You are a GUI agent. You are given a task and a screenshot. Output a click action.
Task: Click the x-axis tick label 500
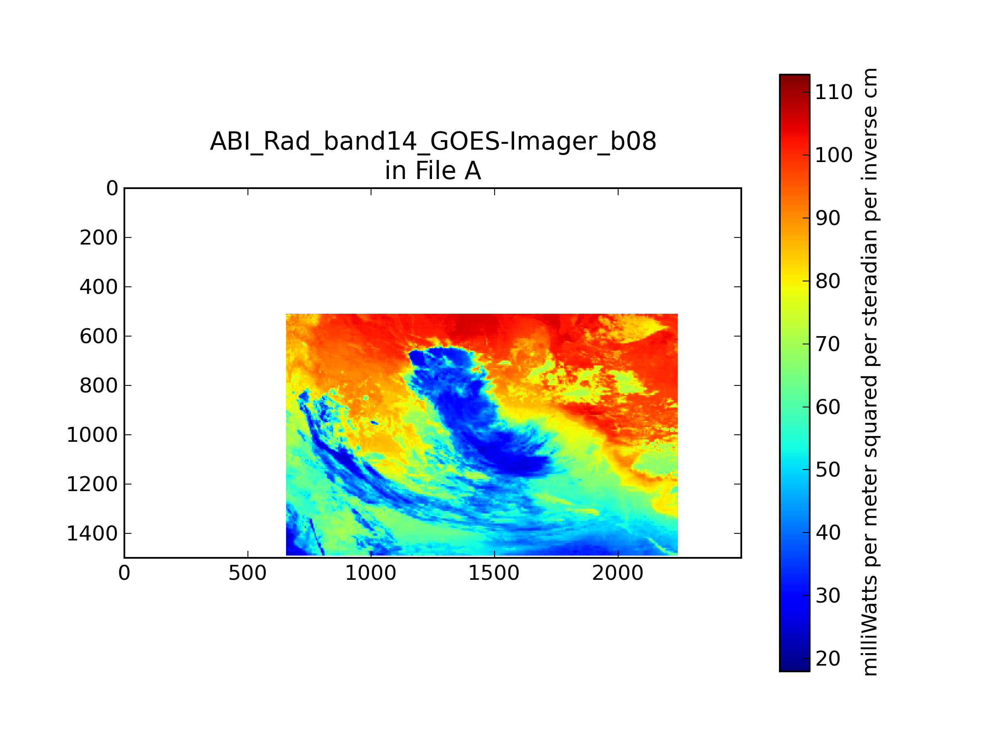(248, 573)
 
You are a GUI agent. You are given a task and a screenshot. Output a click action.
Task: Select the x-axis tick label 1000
(371, 573)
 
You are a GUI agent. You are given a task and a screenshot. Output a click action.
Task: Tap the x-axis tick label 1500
(494, 573)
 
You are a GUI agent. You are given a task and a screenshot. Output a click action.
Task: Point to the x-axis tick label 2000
(618, 573)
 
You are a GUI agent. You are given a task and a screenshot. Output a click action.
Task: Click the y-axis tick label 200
(99, 238)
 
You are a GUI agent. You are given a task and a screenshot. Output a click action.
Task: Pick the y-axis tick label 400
(99, 287)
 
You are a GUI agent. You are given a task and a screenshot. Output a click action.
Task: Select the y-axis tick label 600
(99, 337)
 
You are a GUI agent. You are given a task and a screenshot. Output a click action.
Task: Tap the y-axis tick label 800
(99, 386)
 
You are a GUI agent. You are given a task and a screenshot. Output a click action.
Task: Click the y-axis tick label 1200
(92, 484)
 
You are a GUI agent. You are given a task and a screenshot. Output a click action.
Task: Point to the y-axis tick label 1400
(92, 534)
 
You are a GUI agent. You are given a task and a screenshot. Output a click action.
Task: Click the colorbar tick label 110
(833, 92)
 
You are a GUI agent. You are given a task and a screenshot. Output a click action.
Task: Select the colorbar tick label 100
(833, 155)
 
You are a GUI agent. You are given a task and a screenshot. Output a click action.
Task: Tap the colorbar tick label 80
(828, 281)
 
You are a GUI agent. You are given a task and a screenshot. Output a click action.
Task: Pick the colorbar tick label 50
(828, 470)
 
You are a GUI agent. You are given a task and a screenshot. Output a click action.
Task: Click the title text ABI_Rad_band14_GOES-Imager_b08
(433, 141)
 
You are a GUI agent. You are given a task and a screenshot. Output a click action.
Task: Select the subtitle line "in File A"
(433, 171)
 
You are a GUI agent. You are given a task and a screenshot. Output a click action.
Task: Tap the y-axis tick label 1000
(92, 435)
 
